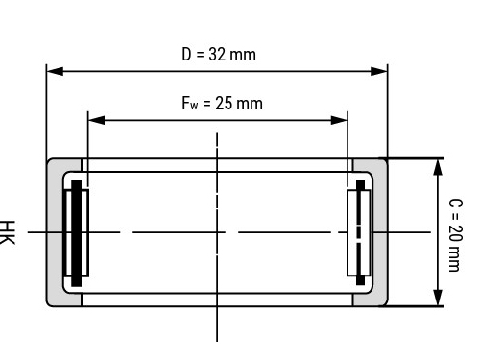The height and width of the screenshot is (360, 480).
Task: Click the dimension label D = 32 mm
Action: [219, 54]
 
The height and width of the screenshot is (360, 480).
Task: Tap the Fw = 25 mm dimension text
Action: [223, 103]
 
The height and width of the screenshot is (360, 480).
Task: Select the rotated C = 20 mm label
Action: [456, 235]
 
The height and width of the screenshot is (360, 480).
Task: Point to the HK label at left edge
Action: [8, 232]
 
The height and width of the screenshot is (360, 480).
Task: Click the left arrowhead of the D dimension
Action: [55, 71]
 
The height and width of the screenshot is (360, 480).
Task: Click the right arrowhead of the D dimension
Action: [379, 71]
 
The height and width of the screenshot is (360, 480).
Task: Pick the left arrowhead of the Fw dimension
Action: [96, 120]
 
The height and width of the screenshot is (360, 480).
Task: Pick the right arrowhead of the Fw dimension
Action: [339, 120]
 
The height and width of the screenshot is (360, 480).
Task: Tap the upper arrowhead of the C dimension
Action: [438, 167]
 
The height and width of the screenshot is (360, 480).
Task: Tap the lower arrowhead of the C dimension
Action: [438, 298]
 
